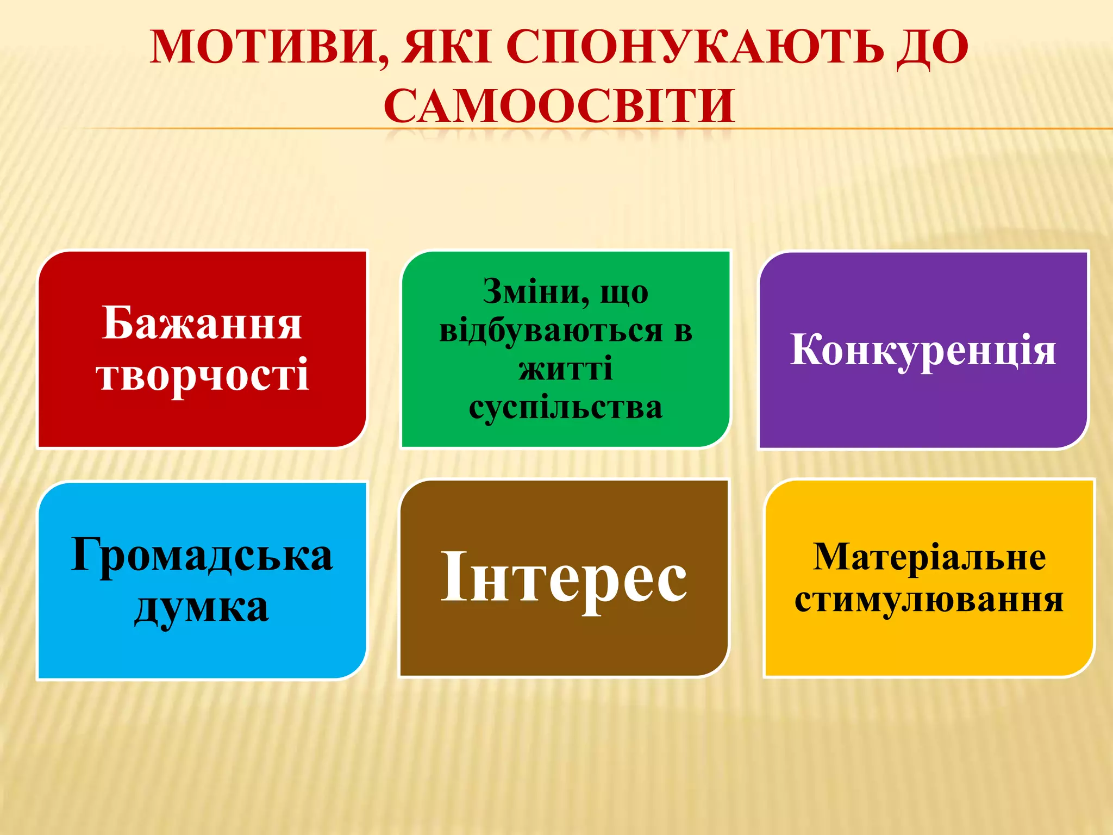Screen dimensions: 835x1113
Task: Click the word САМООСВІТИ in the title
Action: (x=560, y=105)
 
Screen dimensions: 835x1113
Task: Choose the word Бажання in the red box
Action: (x=202, y=323)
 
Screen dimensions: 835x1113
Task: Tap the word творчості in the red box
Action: (x=203, y=375)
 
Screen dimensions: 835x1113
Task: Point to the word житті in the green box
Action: (x=565, y=369)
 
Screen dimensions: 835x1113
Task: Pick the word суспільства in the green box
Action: (x=565, y=408)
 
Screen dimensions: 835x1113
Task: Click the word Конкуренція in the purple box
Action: (x=923, y=350)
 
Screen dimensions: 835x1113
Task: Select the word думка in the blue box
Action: (x=202, y=607)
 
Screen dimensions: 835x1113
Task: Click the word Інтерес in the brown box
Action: (x=564, y=577)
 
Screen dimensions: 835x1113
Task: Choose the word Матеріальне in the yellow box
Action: (x=929, y=557)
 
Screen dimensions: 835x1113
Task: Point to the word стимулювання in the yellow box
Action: (x=929, y=601)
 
